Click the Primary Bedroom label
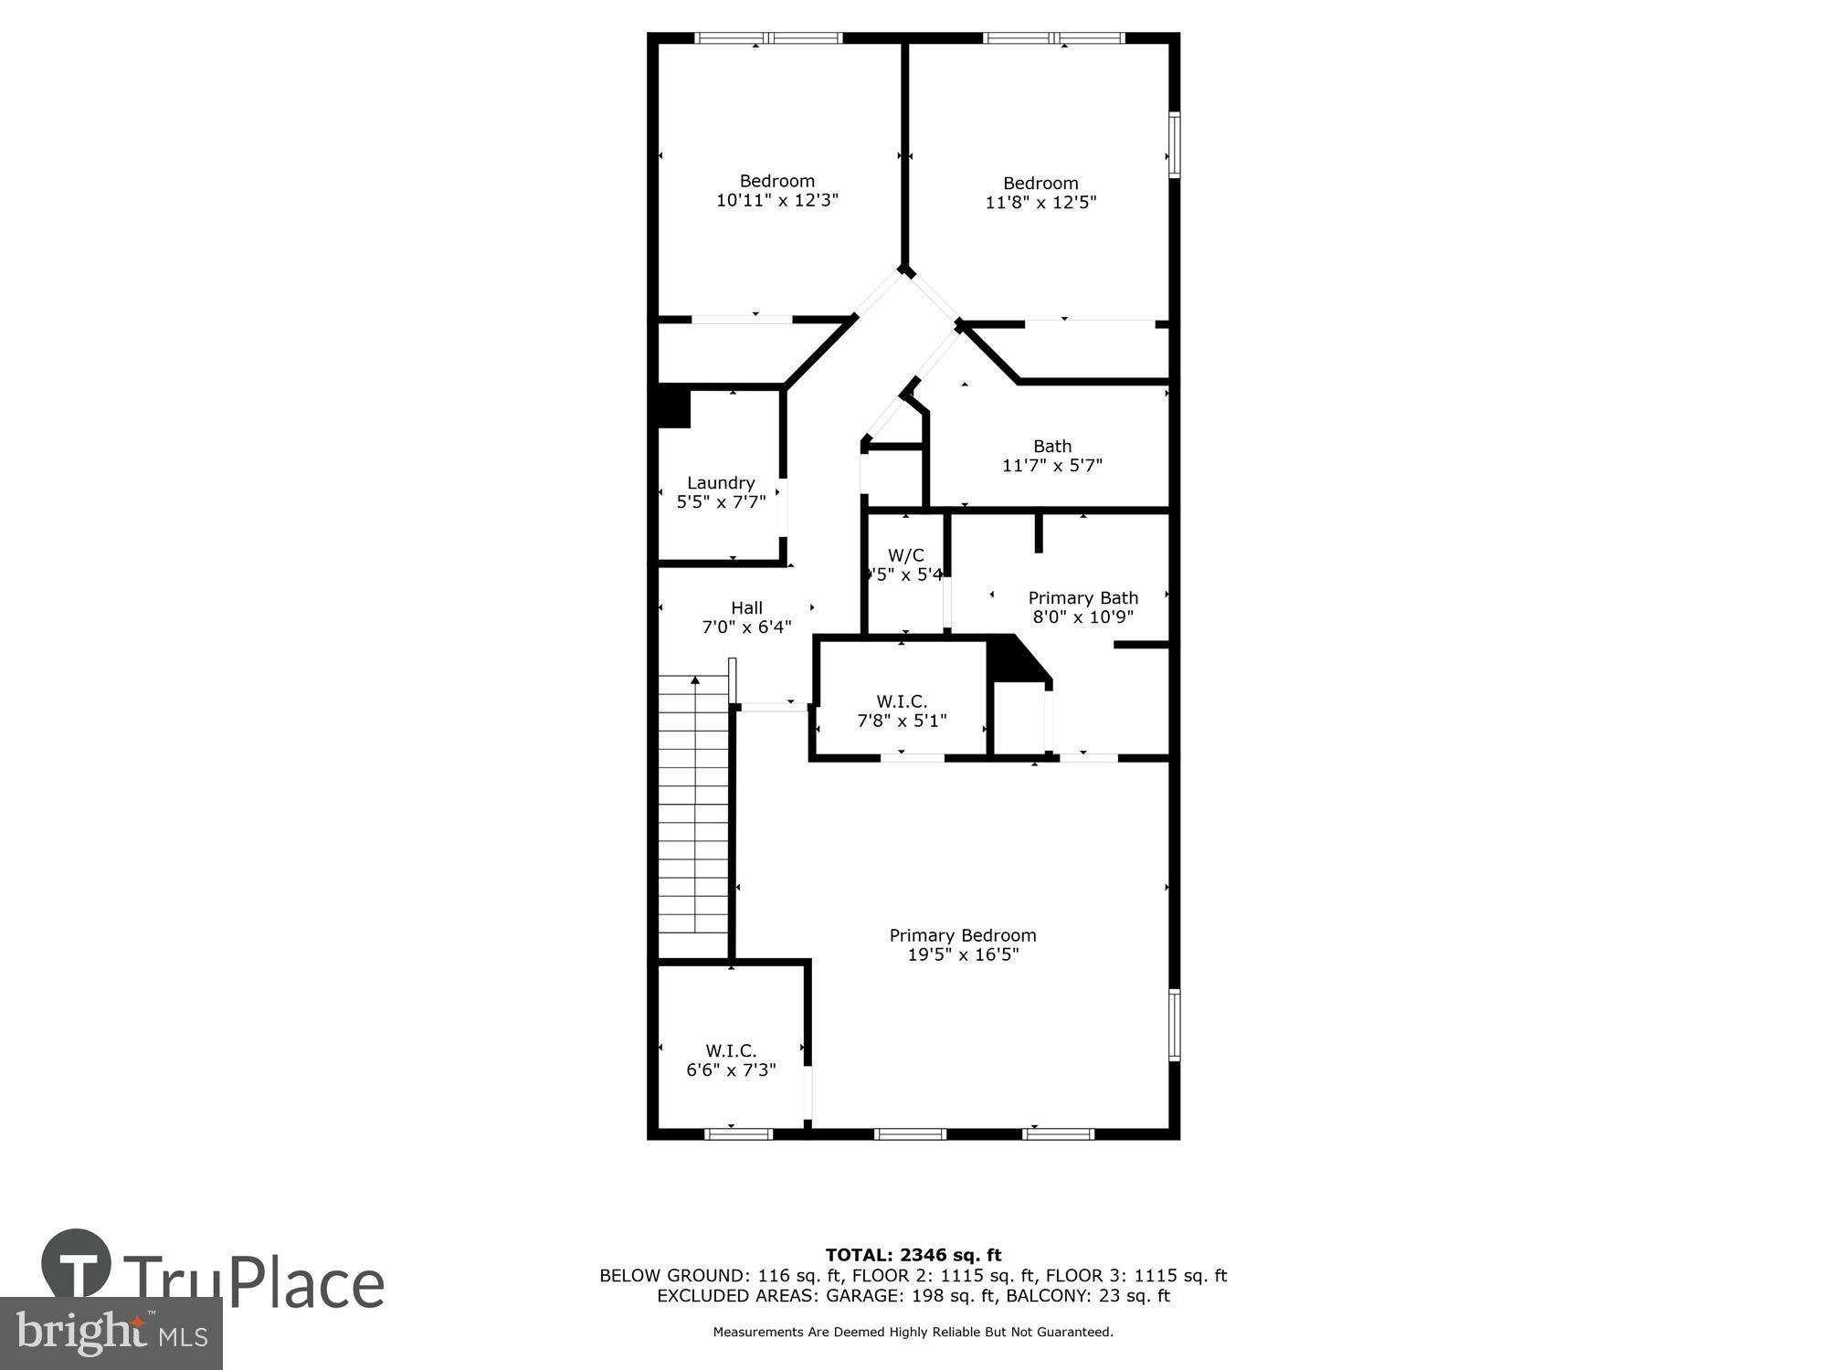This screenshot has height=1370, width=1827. [962, 935]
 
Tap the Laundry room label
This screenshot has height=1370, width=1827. [721, 483]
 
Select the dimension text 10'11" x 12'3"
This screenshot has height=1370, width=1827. [776, 200]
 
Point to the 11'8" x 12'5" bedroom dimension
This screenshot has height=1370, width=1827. [1040, 202]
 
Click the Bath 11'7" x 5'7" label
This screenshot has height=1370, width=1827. [1052, 456]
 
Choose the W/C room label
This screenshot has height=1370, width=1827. [905, 555]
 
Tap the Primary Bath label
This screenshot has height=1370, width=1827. [1082, 598]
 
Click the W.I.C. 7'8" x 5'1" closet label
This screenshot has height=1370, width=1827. [902, 711]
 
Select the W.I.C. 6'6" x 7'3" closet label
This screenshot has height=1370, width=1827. [731, 1060]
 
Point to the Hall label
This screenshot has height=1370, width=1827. [746, 608]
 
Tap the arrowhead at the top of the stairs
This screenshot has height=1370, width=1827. [695, 680]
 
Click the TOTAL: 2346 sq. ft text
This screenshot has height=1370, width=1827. [913, 1255]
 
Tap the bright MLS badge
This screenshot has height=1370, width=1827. [111, 1334]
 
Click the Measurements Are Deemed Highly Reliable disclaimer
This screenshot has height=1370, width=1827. [913, 1333]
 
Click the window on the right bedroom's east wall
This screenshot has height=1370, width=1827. [1175, 144]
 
